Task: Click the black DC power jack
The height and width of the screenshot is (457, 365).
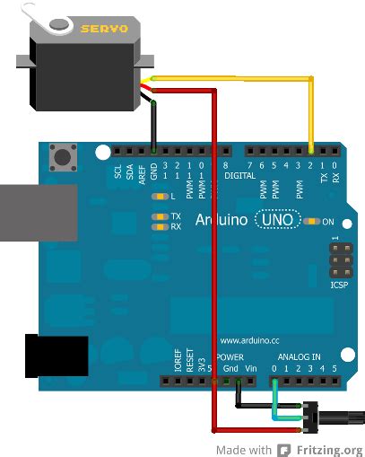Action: [56, 356]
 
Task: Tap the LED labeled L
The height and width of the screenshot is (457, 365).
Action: [161, 197]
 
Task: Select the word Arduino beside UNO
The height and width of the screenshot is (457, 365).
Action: [223, 220]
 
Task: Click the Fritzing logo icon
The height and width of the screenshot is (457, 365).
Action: [285, 448]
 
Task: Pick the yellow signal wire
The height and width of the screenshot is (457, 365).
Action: [311, 108]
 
